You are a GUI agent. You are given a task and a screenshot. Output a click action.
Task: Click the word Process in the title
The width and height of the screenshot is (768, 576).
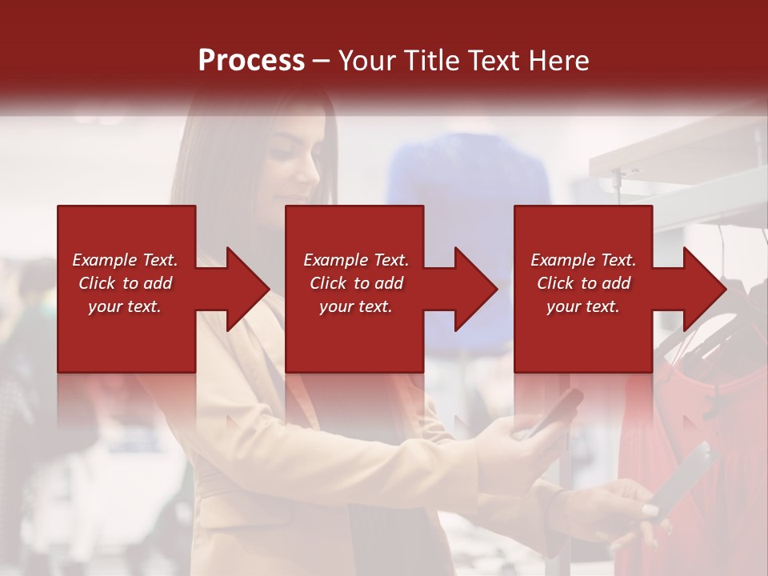click(251, 60)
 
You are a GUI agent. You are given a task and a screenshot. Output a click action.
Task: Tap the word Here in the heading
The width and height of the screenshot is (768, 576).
click(559, 60)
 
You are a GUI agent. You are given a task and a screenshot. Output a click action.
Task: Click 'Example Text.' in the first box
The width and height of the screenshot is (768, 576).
click(125, 260)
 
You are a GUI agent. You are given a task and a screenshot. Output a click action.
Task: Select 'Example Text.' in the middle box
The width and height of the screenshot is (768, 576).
click(355, 260)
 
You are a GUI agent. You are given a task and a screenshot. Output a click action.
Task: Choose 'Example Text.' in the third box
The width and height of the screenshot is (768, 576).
click(583, 260)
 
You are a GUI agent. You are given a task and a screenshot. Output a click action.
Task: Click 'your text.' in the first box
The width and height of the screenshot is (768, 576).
click(125, 306)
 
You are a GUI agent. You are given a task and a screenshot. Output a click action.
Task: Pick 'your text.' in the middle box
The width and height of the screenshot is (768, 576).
click(355, 306)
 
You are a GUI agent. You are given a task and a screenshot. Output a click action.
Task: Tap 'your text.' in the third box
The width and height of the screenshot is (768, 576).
click(583, 306)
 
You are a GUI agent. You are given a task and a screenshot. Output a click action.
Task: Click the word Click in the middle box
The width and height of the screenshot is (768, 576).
click(327, 283)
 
